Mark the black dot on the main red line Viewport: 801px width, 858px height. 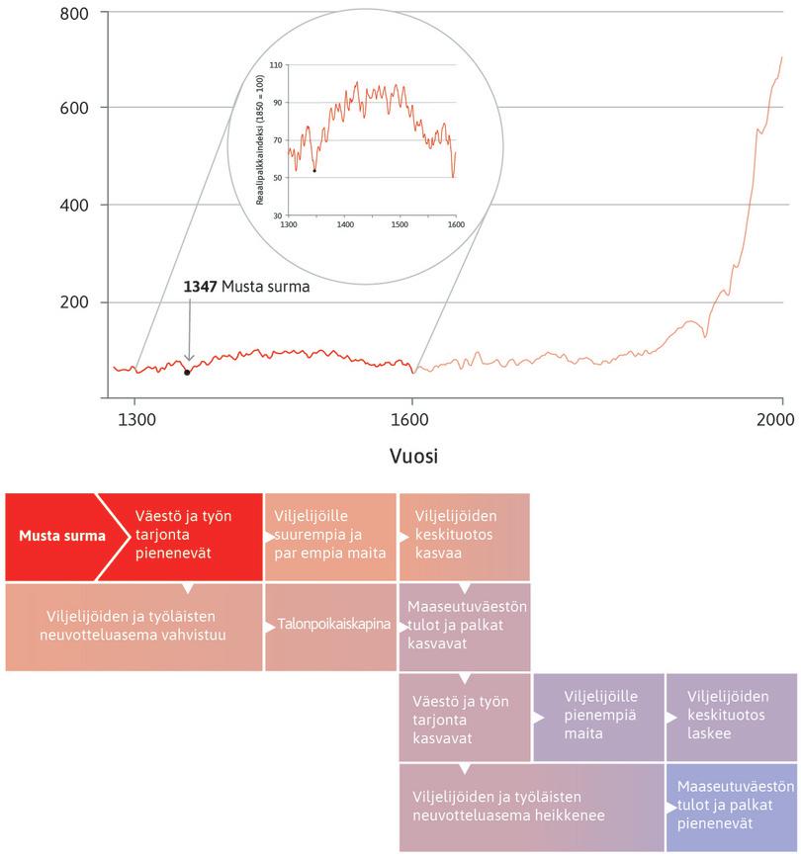pos(187,373)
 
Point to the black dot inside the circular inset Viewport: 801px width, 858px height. pos(314,171)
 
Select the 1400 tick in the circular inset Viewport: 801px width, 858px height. pos(344,224)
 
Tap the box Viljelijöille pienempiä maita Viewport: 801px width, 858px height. pos(599,716)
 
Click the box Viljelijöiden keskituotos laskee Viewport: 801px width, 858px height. pos(732,716)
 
